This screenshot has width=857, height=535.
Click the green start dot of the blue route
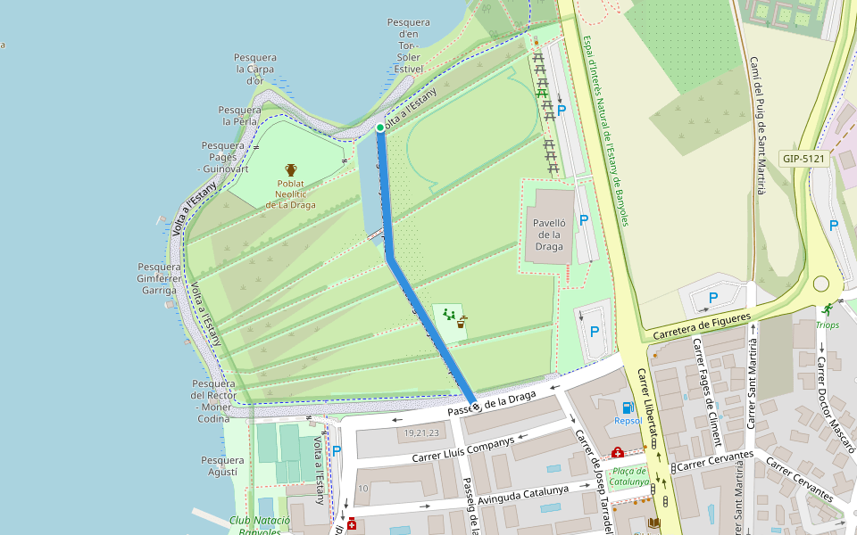pos(380,128)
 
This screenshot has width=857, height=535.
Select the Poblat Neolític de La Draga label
pos(291,193)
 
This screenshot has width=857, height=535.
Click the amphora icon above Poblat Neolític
pos(291,169)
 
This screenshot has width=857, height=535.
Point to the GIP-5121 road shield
pos(804,159)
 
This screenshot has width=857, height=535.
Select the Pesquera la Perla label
pos(239,115)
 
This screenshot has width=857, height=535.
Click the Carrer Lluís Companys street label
pos(463,449)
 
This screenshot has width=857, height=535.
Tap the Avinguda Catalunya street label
pos(524,496)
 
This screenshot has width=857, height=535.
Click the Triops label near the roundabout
pos(828,325)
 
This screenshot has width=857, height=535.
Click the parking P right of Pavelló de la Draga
pos(584,219)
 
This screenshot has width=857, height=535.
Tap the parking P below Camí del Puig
pos(712,297)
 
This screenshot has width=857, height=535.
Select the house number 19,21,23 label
pos(421,433)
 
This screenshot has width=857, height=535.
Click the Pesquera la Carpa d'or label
pos(255,69)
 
